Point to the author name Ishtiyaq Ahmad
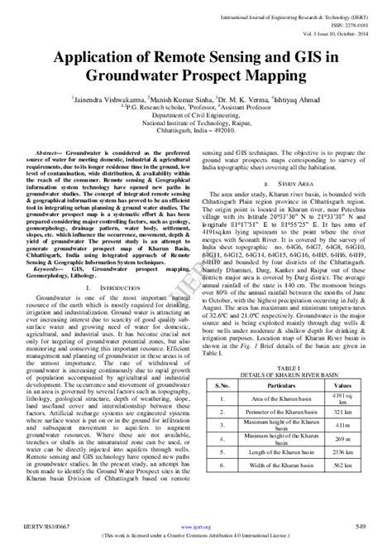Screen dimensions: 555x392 click(296, 98)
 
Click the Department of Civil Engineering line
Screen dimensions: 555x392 click(195, 114)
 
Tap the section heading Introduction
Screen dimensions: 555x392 click(113, 287)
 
